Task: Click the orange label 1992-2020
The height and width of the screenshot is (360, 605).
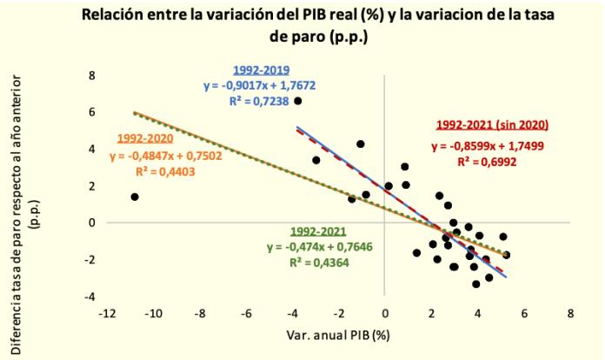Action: (x=143, y=138)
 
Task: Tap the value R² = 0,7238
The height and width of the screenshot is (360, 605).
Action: (x=266, y=100)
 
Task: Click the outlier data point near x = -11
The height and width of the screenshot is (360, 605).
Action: (x=135, y=197)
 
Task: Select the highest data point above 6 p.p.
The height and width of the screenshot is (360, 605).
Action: (x=298, y=101)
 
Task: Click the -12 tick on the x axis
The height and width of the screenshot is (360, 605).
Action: (x=108, y=314)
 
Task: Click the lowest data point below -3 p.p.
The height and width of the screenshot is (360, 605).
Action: (x=475, y=283)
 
